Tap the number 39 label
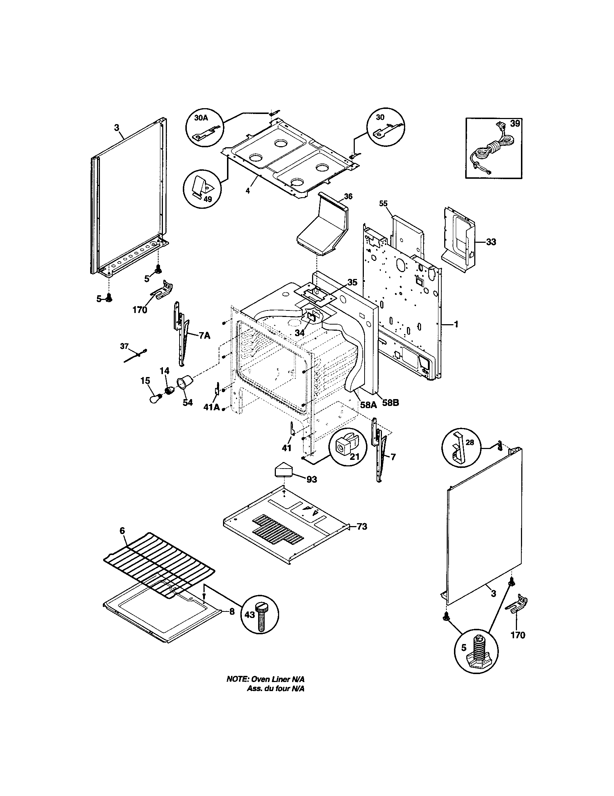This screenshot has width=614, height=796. point(515,123)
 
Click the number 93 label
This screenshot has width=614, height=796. point(311,480)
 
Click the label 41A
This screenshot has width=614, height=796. point(211,407)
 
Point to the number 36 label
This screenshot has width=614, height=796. point(348,196)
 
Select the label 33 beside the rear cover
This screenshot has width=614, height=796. point(491,242)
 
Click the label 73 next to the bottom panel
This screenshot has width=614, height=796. point(362,526)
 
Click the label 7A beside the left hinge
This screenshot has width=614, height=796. point(205,336)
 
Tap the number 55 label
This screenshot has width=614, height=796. point(383,203)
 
